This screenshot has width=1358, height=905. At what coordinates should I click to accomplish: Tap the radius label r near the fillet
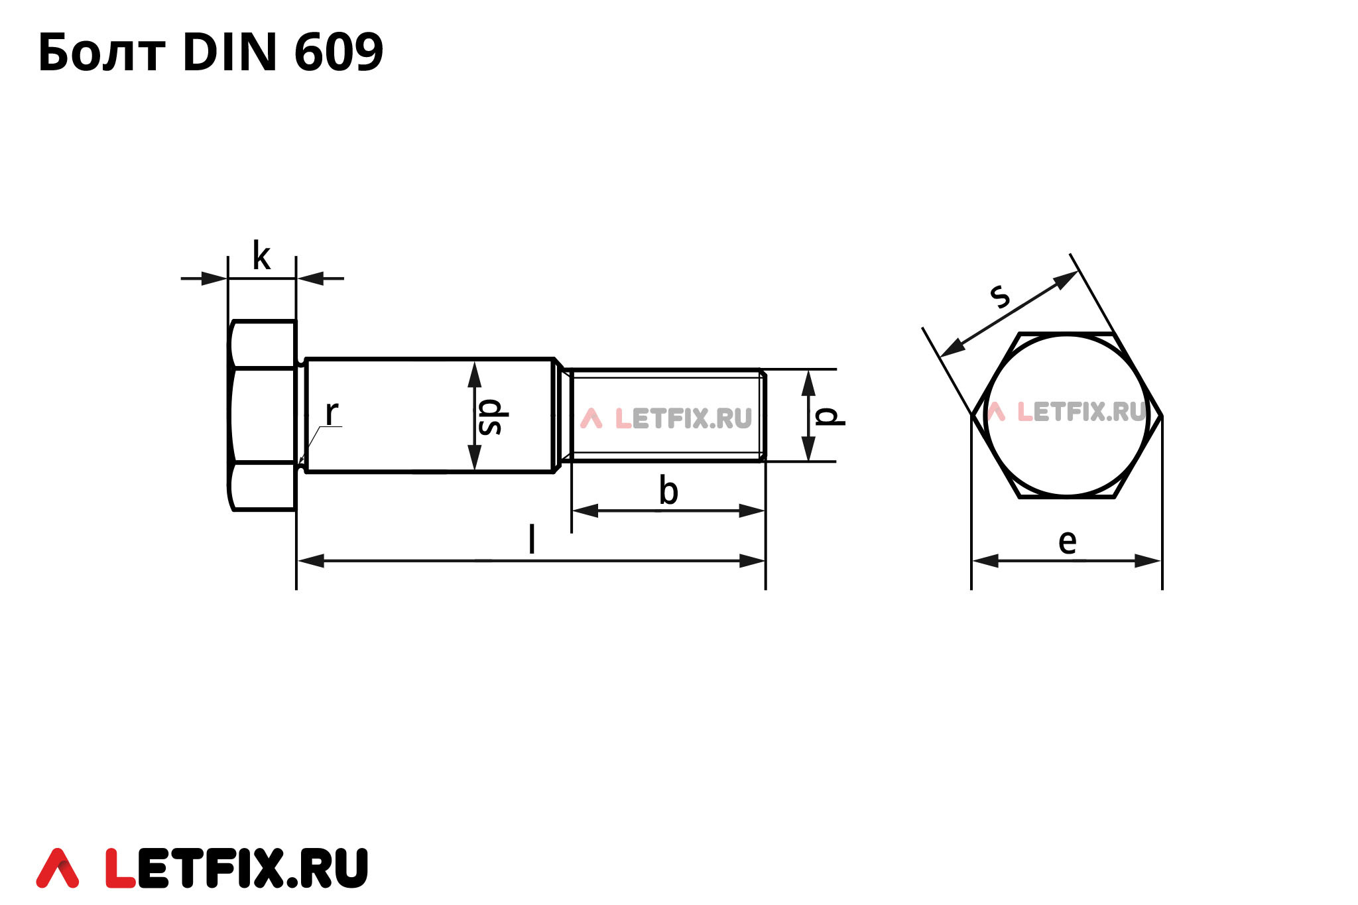click(x=332, y=413)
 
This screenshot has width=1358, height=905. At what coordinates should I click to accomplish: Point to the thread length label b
click(x=668, y=491)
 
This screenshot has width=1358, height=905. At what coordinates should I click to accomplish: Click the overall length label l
click(x=531, y=538)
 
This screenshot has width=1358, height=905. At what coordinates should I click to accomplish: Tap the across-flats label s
click(x=999, y=295)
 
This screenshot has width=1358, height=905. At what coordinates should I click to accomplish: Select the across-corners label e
click(x=1067, y=542)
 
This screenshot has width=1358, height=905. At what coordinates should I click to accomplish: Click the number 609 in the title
click(x=338, y=52)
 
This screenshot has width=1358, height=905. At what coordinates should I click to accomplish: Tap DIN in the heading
click(x=229, y=52)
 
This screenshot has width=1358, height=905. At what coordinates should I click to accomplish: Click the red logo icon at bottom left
click(x=58, y=868)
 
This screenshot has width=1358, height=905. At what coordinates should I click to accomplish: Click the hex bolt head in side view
click(x=263, y=416)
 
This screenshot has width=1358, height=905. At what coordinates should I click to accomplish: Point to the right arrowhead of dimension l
click(x=753, y=561)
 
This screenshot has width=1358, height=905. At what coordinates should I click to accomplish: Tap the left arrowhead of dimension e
click(x=985, y=561)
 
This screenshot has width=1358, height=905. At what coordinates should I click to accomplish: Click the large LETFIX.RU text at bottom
click(x=236, y=868)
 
